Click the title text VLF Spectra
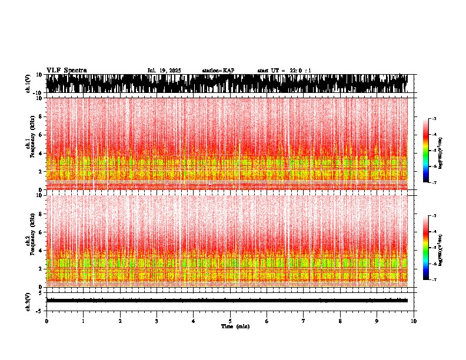(x=66, y=70)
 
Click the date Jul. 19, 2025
(x=164, y=71)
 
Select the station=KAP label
(x=218, y=71)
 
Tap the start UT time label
(x=284, y=71)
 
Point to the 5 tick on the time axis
(x=230, y=321)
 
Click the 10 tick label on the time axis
(x=414, y=321)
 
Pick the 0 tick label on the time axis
(x=46, y=321)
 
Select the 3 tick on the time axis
(x=157, y=321)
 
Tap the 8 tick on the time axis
(x=340, y=321)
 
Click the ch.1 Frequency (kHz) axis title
(x=29, y=143)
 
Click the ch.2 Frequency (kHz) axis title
(x=29, y=240)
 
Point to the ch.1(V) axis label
(x=28, y=84)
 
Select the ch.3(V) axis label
(x=28, y=300)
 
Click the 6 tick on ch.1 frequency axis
(x=41, y=135)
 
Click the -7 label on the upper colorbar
(x=434, y=183)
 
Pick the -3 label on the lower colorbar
(x=434, y=216)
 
